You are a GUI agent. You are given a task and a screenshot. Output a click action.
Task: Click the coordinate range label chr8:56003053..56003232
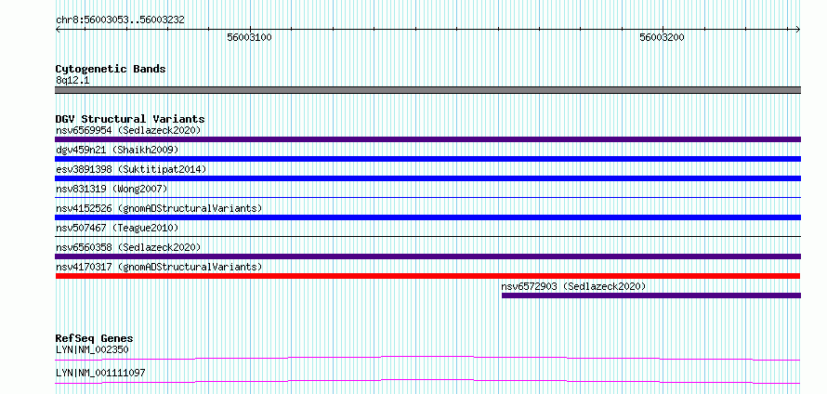point(120,20)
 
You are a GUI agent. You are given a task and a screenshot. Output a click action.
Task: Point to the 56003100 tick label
point(249,37)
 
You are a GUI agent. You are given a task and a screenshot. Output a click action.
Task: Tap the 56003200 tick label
point(662,37)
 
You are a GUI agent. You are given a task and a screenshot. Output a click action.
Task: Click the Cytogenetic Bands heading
point(111,69)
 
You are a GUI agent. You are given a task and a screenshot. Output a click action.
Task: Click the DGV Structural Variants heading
point(130,119)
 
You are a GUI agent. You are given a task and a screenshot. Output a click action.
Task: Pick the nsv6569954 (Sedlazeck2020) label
point(128,130)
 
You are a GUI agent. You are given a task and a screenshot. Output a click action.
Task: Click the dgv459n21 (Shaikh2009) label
point(117,150)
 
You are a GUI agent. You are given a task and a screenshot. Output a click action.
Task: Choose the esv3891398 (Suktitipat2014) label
point(131,169)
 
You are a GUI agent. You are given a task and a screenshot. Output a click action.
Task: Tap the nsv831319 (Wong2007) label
point(112,189)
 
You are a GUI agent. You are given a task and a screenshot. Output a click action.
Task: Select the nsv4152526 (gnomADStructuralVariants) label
point(159,208)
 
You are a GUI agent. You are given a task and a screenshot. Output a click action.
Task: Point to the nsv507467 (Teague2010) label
point(117,228)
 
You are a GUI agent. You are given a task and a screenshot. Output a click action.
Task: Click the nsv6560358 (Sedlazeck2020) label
point(128,247)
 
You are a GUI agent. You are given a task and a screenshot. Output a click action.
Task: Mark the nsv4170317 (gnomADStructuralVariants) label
point(159,267)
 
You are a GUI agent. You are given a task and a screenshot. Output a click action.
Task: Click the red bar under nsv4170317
point(427,276)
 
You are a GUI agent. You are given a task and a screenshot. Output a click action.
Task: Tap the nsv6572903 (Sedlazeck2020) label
point(574,286)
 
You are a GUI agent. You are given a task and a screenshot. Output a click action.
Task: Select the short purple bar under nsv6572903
point(651,295)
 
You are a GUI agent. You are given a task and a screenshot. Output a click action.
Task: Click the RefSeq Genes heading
point(95,338)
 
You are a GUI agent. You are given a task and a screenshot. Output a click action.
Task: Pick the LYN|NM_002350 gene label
point(92,349)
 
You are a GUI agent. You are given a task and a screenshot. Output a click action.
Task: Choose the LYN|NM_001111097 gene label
point(100,374)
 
